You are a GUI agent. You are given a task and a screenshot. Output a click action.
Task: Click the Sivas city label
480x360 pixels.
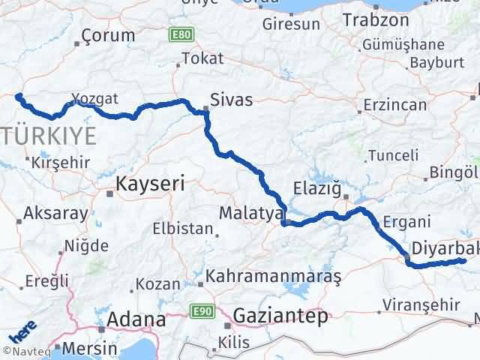click(231, 100)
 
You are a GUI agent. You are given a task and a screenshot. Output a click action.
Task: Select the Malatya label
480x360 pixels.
click(249, 213)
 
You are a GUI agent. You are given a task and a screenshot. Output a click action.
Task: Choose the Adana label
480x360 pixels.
click(136, 319)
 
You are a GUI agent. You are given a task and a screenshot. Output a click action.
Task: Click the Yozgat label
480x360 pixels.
click(96, 98)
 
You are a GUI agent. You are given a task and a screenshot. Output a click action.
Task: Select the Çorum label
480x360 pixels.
click(108, 35)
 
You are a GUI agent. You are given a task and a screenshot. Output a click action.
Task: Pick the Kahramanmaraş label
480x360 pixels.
click(274, 276)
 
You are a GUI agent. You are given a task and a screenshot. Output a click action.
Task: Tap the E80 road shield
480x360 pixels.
click(180, 34)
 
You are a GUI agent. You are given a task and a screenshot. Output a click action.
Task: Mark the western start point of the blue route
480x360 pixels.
click(18, 96)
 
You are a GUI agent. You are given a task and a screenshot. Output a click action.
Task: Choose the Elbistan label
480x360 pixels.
click(182, 229)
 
